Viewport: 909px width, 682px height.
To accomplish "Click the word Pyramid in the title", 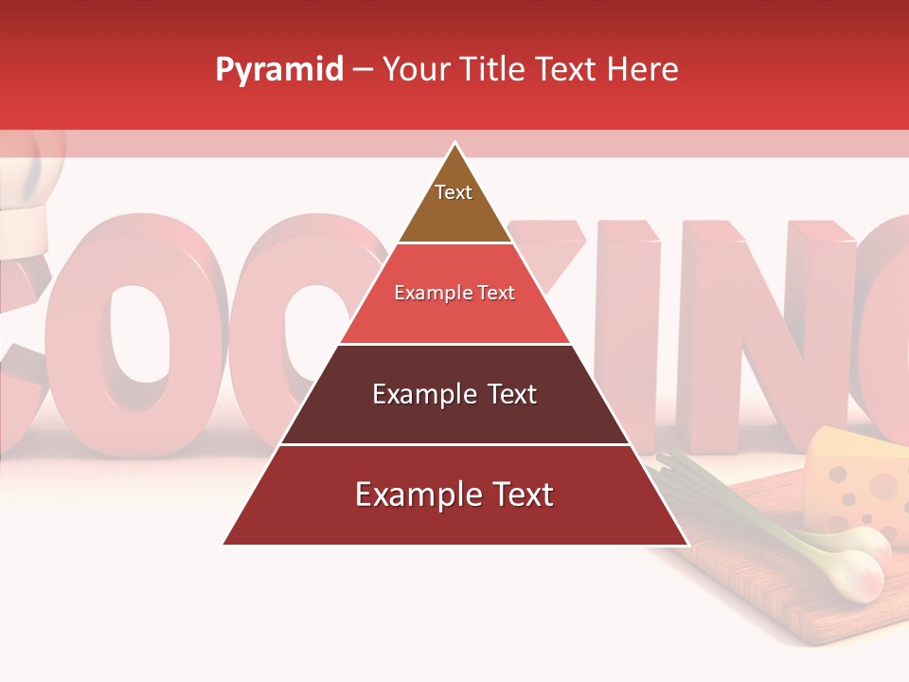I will [x=278, y=70].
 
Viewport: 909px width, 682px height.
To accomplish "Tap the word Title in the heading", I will [x=498, y=69].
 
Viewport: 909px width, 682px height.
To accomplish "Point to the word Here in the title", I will [x=643, y=69].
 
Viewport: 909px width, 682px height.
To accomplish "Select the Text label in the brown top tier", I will [x=454, y=192].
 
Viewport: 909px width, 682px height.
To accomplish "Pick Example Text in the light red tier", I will [x=454, y=293].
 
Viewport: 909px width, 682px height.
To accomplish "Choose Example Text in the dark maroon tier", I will [x=454, y=394].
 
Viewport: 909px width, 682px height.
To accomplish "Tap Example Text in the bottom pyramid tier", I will [x=454, y=494].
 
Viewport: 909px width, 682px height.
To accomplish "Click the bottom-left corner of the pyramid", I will [x=223, y=544].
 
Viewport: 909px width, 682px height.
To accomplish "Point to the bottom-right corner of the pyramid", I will [x=687, y=544].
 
